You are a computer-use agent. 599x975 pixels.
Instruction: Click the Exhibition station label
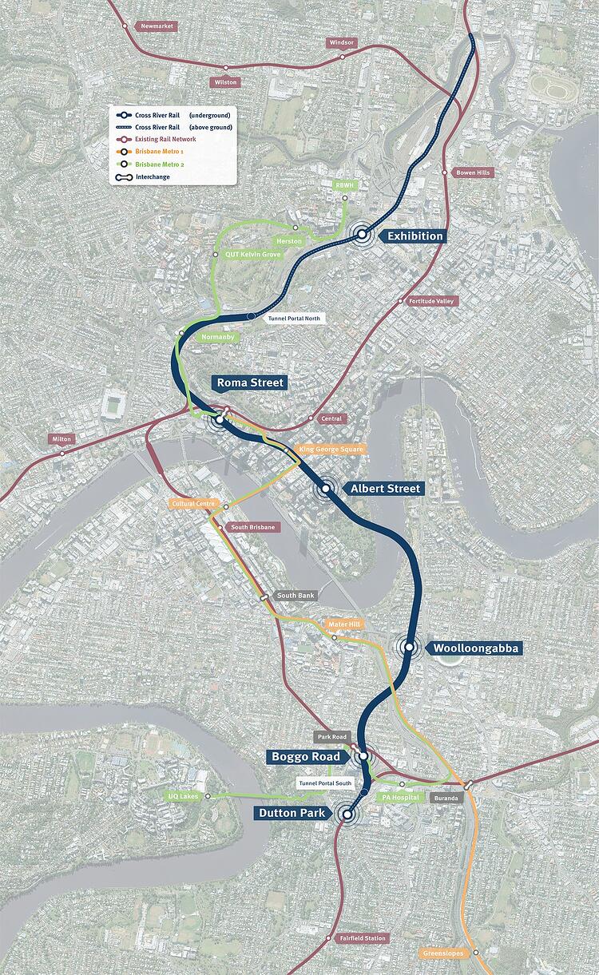[x=414, y=236]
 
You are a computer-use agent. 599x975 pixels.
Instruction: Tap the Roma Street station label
[x=250, y=382]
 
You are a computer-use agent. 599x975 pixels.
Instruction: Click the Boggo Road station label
[x=305, y=756]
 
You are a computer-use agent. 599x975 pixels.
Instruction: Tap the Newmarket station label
[x=157, y=26]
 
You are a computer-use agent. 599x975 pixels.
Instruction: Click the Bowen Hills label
[x=474, y=172]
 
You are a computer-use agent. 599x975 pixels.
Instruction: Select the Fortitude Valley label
[x=431, y=301]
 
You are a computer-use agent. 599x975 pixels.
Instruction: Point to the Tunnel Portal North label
[x=295, y=318]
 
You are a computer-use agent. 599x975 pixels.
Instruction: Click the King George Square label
[x=331, y=450]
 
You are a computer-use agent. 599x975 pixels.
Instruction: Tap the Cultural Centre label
[x=193, y=504]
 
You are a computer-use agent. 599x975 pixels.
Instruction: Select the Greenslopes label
[x=442, y=953]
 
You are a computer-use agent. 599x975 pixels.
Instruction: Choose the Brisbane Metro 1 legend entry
[x=160, y=151]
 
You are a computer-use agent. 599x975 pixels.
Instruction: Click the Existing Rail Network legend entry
[x=166, y=139]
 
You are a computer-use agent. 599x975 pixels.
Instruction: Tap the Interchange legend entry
[x=153, y=176]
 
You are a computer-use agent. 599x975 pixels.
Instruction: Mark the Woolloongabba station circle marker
[x=409, y=647]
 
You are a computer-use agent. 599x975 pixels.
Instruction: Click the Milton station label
[x=61, y=439]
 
